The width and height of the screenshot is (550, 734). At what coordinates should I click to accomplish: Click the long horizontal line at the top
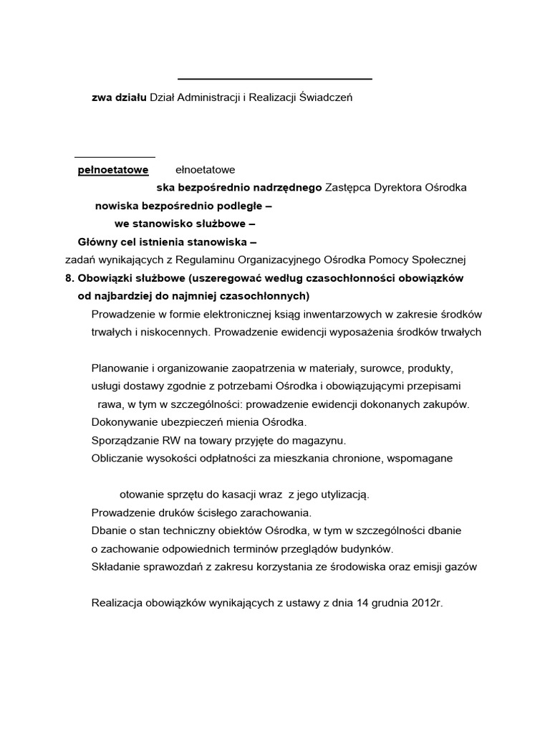coord(274,79)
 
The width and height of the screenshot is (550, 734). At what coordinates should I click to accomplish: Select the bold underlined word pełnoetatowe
coord(113,170)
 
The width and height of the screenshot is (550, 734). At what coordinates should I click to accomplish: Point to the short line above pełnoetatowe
coord(115,156)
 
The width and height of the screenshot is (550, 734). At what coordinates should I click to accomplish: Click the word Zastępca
coord(347,188)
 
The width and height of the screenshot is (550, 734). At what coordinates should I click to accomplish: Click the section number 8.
coord(69,277)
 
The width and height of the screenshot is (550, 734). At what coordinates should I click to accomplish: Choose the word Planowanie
coord(120,368)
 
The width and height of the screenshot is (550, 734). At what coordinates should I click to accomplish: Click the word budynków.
coord(367,549)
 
